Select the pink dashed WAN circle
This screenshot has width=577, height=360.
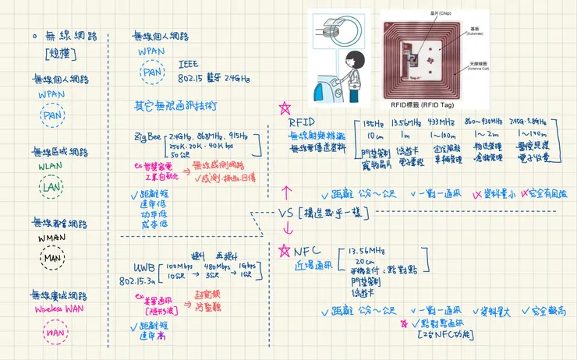pyautogui.click(x=53, y=334)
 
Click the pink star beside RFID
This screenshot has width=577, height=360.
pyautogui.click(x=285, y=108)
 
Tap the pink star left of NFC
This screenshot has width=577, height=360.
pyautogui.click(x=283, y=250)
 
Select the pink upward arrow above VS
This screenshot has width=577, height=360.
pyautogui.click(x=285, y=190)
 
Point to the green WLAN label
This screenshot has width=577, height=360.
pyautogui.click(x=51, y=165)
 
